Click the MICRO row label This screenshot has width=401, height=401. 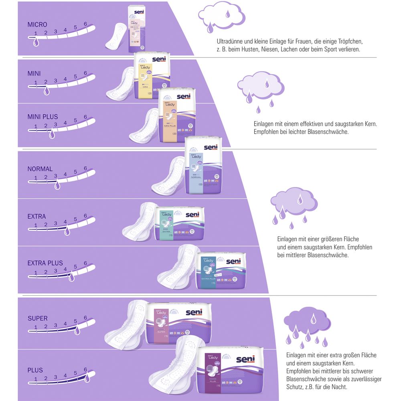coord(37,25)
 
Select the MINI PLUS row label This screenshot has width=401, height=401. coord(43,117)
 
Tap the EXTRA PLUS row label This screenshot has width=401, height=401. coord(45,263)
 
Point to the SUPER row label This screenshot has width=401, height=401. coord(38,318)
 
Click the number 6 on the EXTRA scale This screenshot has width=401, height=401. coord(85,216)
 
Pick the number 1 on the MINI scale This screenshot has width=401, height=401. coord(36,83)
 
